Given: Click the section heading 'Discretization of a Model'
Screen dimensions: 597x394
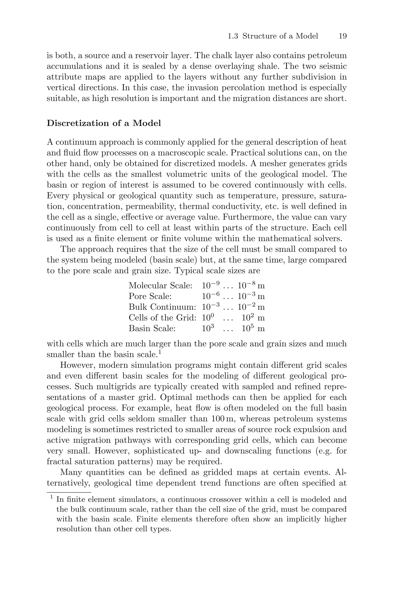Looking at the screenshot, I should pos(104,123).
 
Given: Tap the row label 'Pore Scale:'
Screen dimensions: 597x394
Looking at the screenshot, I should pos(150,296).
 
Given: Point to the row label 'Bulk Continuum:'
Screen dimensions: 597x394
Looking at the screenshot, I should pos(162,307).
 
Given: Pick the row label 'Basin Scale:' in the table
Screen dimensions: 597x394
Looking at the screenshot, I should pos(152,328).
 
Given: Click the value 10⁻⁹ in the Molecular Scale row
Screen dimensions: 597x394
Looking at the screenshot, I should pos(211,285).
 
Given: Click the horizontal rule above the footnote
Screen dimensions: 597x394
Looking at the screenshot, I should pos(69,493).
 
